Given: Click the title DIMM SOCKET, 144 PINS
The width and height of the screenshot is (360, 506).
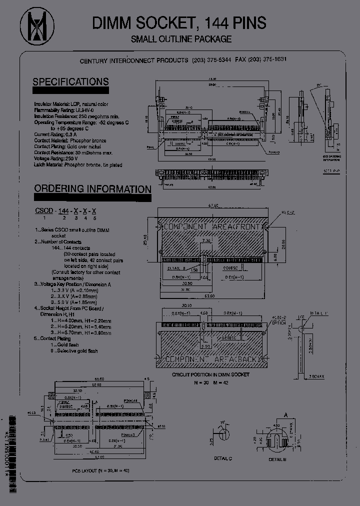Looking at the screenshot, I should coord(179,23).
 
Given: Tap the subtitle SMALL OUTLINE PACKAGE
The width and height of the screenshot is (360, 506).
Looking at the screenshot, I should coord(181,39).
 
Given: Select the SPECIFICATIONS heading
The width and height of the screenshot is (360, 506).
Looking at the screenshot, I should coord(70,82).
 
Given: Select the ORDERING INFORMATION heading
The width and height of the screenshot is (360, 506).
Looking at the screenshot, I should coord(92,189).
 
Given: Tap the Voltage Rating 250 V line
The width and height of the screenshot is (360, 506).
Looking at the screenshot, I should coord(64,158).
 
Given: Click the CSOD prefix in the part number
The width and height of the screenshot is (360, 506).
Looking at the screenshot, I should coord(44,211).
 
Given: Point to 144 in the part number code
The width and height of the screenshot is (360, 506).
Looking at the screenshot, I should coord(64,211).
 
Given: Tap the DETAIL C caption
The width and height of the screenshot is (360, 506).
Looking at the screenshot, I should coord(222,458).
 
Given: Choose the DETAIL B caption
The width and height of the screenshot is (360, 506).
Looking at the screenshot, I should coord(278,458).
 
